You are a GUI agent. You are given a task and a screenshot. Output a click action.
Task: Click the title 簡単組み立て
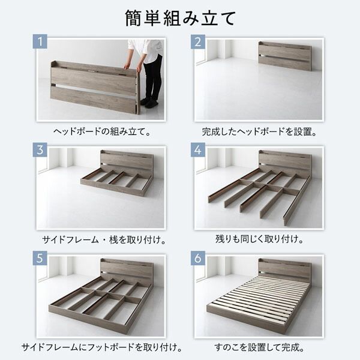[x=180, y=19]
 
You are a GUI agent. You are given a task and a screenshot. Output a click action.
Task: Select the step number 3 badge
[x=40, y=150]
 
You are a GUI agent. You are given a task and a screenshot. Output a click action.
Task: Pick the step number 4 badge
[x=199, y=150]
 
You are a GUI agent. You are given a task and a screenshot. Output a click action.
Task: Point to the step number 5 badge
[x=40, y=259]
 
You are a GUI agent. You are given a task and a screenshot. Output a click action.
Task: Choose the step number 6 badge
[x=199, y=259]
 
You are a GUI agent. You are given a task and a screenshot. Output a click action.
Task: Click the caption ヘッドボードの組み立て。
[x=102, y=130]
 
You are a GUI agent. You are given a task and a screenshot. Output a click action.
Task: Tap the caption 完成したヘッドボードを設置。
[x=259, y=130]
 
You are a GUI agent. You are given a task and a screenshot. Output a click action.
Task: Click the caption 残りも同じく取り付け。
[x=259, y=239]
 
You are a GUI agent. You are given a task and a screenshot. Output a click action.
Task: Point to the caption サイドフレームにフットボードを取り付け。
[x=102, y=347]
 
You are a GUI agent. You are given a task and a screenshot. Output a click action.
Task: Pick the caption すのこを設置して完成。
[x=259, y=347]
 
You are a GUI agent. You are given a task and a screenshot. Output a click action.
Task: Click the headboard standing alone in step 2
[x=284, y=56]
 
